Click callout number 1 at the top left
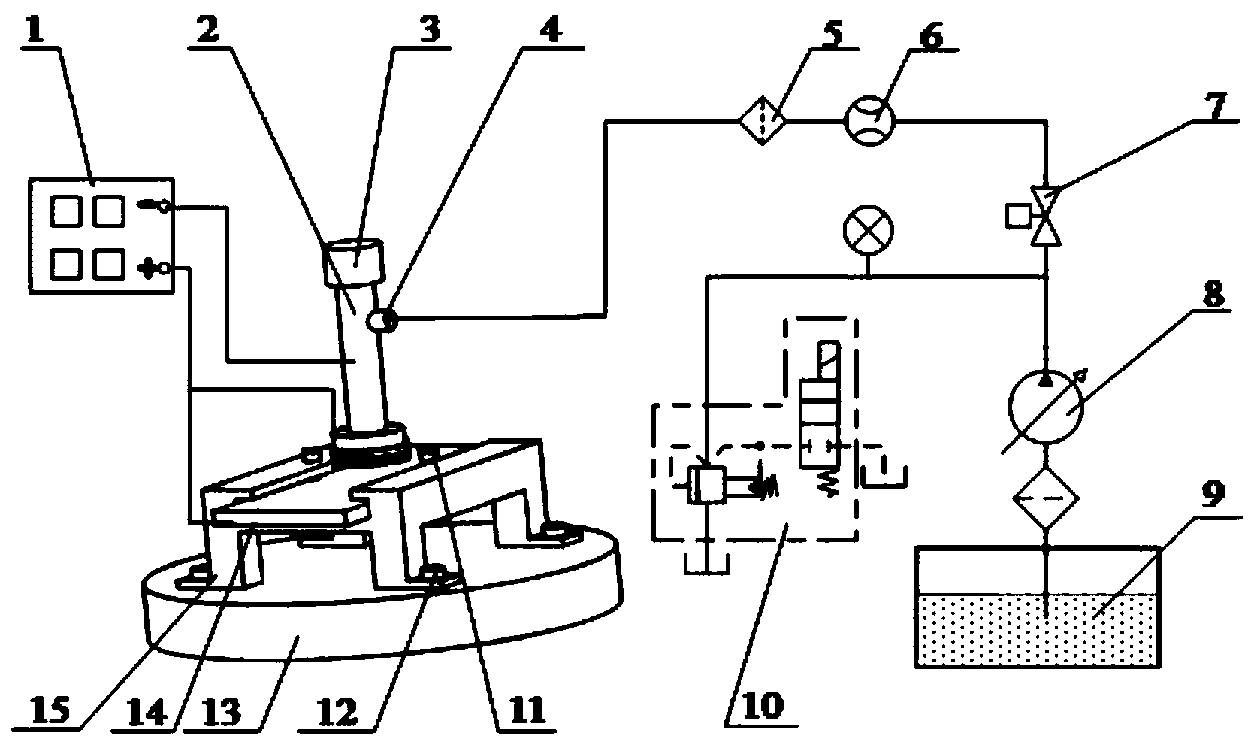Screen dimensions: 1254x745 point(35,32)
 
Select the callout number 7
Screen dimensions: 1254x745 point(1213,107)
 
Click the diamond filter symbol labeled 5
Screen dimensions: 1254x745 point(763,120)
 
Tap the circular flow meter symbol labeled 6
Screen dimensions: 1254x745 point(869,120)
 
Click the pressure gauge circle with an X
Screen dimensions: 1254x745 point(869,230)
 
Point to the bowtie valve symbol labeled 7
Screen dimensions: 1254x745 point(1046,217)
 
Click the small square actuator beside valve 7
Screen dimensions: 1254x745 point(1018,217)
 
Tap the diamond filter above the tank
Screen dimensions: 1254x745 point(1046,498)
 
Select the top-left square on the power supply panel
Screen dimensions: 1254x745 point(66,211)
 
